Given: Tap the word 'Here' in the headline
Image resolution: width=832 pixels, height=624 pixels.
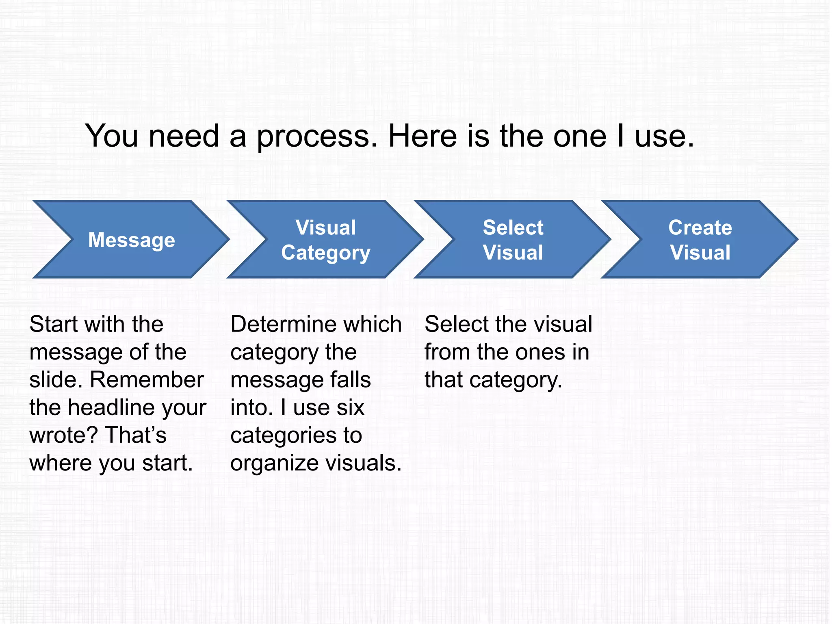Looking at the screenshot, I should pos(422,136).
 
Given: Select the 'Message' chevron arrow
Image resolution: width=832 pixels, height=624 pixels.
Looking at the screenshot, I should pos(131,240).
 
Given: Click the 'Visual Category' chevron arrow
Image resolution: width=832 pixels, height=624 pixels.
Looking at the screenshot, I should pos(325,240).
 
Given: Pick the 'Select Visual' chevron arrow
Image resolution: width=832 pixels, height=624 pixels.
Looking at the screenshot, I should pos(513,240).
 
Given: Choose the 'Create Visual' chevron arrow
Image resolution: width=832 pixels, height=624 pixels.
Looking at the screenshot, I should pos(700,240).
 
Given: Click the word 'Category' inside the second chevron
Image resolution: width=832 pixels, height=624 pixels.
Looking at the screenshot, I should pos(326,253).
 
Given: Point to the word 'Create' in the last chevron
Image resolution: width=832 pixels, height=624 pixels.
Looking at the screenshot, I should pos(700,227).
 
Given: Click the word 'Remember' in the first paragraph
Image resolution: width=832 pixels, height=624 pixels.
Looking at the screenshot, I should pos(147,380).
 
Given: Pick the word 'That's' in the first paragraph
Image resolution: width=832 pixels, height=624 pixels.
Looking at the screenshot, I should pos(136,435).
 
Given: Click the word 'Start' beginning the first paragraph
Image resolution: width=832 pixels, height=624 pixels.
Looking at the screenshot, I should pos(53,324).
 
